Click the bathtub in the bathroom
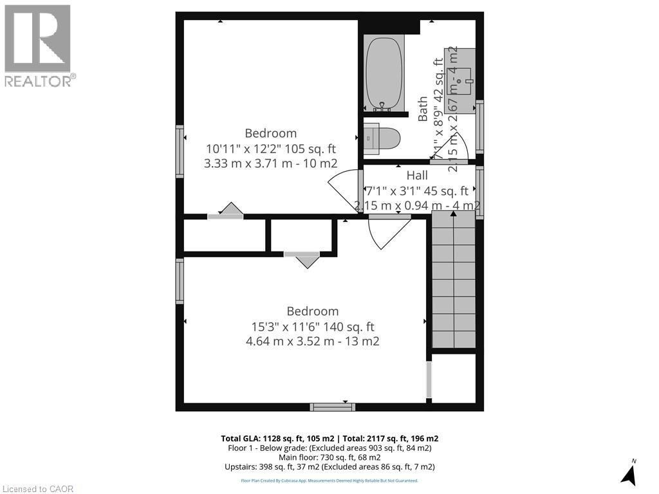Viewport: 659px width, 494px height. click(384, 73)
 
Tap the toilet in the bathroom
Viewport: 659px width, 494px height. click(383, 138)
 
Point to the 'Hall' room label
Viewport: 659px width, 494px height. click(416, 176)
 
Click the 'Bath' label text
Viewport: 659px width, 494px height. click(423, 109)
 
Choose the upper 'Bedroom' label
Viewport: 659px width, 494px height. click(270, 133)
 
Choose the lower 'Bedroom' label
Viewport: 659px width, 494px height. click(312, 311)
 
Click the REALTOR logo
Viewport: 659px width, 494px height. click(39, 45)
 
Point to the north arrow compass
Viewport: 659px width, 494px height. click(629, 473)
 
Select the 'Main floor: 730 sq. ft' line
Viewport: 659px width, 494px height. click(329, 457)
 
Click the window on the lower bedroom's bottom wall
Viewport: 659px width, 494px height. click(332, 407)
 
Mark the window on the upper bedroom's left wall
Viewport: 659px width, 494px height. click(180, 151)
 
